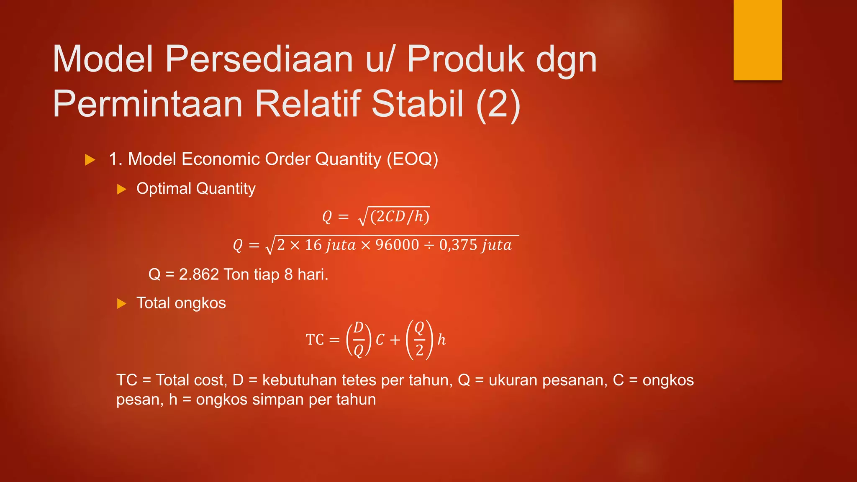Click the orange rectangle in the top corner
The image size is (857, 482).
coord(757,40)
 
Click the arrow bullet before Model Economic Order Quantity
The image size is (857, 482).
coord(90,160)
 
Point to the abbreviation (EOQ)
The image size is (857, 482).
coord(412,159)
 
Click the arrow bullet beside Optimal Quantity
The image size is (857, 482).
coord(121,189)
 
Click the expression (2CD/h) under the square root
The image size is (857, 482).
coord(400,216)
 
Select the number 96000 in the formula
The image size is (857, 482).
coord(397,245)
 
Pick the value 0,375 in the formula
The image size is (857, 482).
coord(458,245)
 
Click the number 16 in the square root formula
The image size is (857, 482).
coord(313,245)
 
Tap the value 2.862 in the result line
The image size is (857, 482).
coord(199,274)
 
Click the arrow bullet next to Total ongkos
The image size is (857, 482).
coord(121,303)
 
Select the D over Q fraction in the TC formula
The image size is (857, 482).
coord(358,339)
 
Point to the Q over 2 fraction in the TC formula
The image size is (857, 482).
coord(419,339)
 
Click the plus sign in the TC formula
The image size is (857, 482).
coord(395,340)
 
